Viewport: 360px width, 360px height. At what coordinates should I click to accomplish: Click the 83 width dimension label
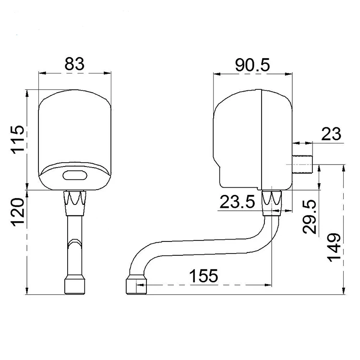[x=74, y=63]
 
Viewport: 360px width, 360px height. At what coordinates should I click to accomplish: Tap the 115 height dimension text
[x=18, y=139]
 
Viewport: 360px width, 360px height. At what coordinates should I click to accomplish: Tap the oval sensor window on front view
[x=75, y=175]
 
